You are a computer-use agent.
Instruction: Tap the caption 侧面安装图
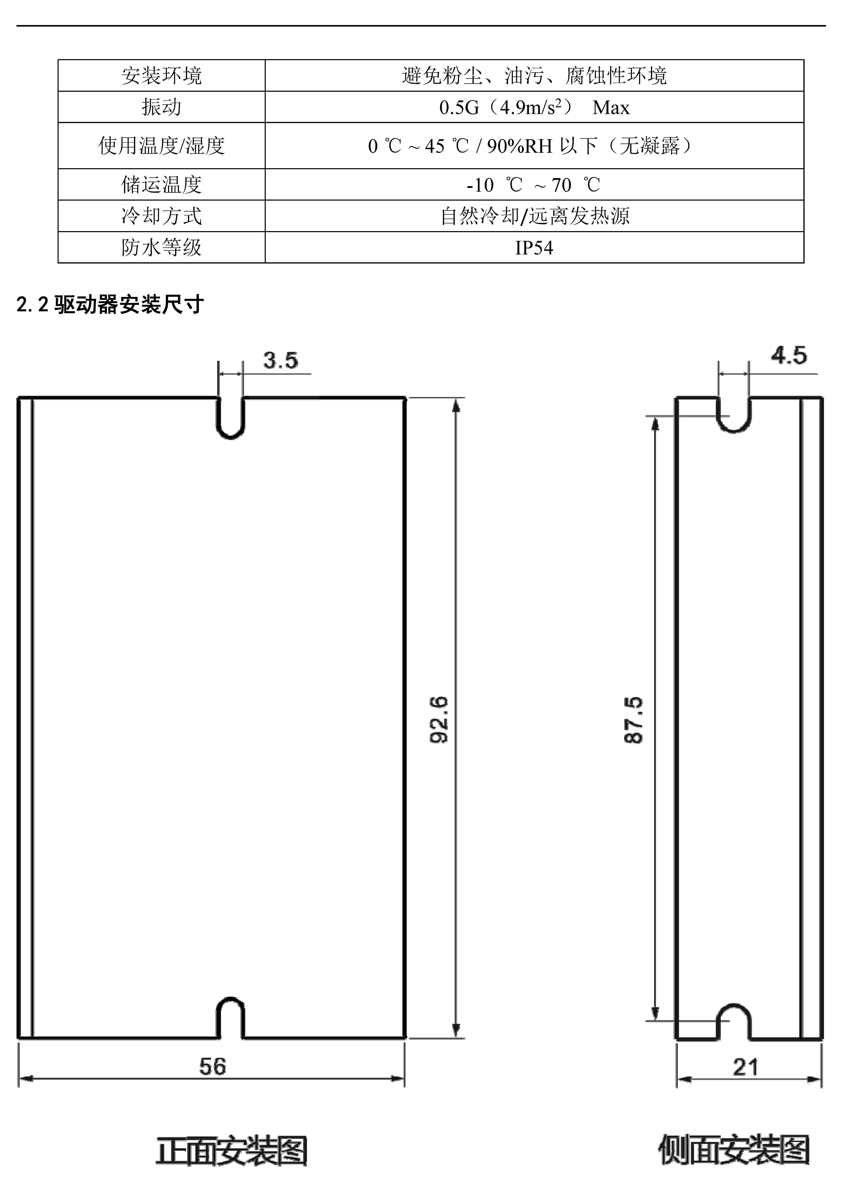(x=734, y=1149)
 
